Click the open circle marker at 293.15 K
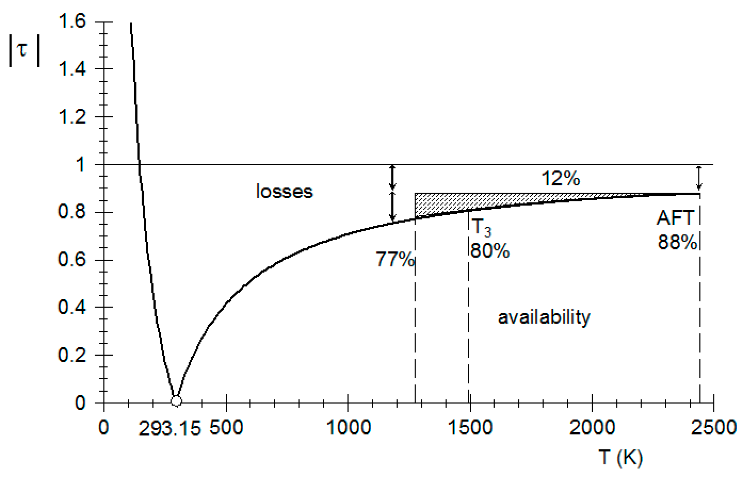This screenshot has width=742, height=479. pyautogui.click(x=176, y=401)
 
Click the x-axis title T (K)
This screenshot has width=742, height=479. pyautogui.click(x=621, y=457)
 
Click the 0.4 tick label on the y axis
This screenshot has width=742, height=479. pyautogui.click(x=72, y=307)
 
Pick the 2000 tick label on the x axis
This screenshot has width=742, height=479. pyautogui.click(x=592, y=427)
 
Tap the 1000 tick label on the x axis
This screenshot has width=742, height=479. pyautogui.click(x=348, y=427)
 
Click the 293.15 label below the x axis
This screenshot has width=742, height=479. pyautogui.click(x=170, y=428)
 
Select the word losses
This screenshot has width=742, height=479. pyautogui.click(x=284, y=192)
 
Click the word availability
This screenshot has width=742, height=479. pyautogui.click(x=544, y=317)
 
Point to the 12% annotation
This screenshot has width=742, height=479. pyautogui.click(x=561, y=179)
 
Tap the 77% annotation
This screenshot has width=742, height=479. pyautogui.click(x=395, y=260)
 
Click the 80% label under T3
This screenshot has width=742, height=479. pyautogui.click(x=490, y=250)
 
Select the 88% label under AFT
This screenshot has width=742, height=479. pyautogui.click(x=677, y=242)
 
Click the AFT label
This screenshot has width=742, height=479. pyautogui.click(x=675, y=218)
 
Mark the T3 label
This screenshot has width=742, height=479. pyautogui.click(x=481, y=227)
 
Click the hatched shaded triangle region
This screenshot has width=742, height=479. pyautogui.click(x=440, y=204)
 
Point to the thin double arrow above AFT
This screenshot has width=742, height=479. pyautogui.click(x=698, y=178)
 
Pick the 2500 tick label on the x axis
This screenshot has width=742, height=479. pyautogui.click(x=714, y=427)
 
